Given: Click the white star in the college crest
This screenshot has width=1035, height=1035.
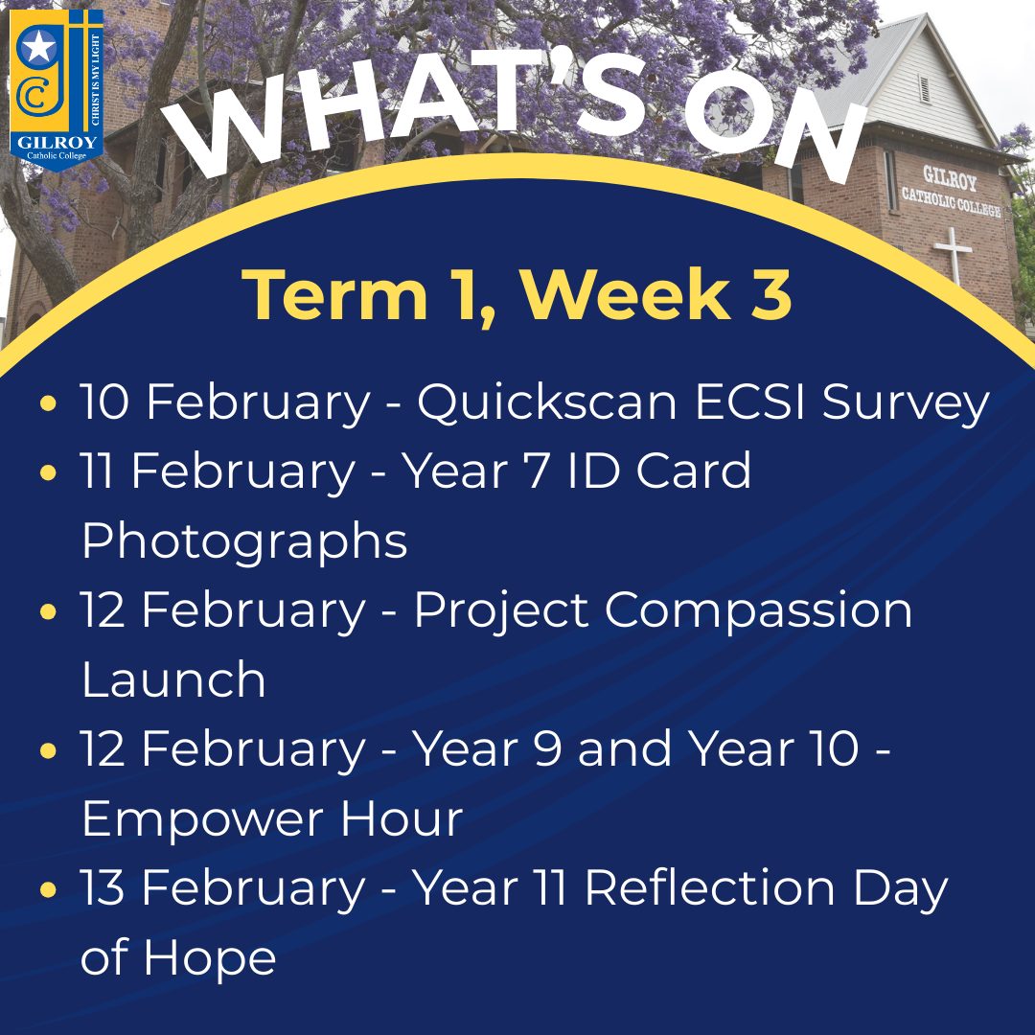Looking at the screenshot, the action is pos(39,48).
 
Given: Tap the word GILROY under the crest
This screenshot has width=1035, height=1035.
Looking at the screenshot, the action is pos(57,142).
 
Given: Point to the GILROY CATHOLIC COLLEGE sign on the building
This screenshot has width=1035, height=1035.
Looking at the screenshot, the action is pos(952,191).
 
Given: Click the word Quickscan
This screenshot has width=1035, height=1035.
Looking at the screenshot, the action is pos(547,402).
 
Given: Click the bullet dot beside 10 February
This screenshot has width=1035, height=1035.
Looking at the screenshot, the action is pos(48,402).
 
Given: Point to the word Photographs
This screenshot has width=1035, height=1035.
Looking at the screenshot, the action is pos(244,541).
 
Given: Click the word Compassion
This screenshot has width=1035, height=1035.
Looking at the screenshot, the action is pos(758,611).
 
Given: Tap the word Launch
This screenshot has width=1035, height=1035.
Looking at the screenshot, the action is pos(173,678).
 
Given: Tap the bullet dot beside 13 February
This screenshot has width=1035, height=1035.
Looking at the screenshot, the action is pos(48,889).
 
